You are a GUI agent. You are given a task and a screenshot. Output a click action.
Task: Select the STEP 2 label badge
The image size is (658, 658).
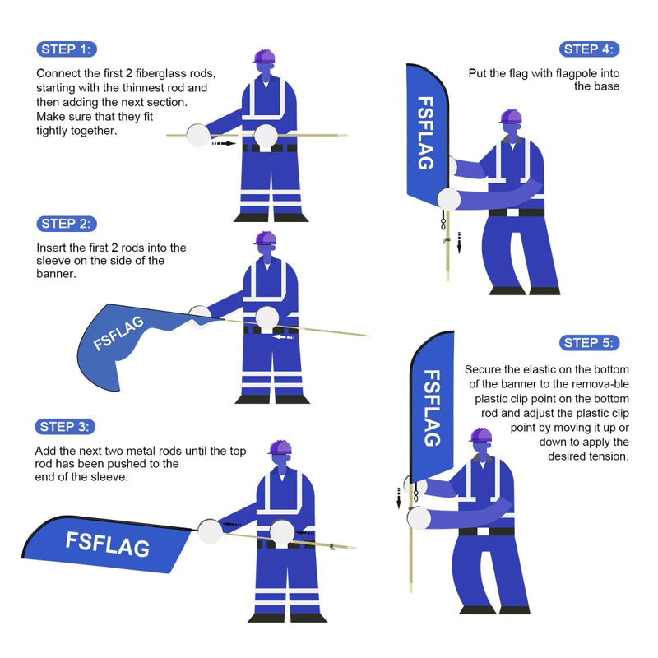(x=67, y=224)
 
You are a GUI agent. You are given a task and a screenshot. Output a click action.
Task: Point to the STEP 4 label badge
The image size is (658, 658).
(x=589, y=49)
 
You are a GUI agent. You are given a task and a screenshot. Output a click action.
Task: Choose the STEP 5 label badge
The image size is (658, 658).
(x=590, y=343)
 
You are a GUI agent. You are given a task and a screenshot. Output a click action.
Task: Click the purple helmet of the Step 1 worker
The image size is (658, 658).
(x=264, y=56)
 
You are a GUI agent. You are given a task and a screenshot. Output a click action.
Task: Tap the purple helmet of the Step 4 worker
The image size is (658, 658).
(x=511, y=116)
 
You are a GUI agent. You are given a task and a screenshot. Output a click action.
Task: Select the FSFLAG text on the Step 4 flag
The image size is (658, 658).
(x=426, y=133)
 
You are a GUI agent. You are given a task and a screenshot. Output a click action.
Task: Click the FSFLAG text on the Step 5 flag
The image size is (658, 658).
(x=433, y=407)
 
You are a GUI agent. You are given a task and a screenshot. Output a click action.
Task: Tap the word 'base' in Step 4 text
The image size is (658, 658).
(x=605, y=86)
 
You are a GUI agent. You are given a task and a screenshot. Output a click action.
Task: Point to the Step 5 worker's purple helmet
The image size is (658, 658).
(x=480, y=434)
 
